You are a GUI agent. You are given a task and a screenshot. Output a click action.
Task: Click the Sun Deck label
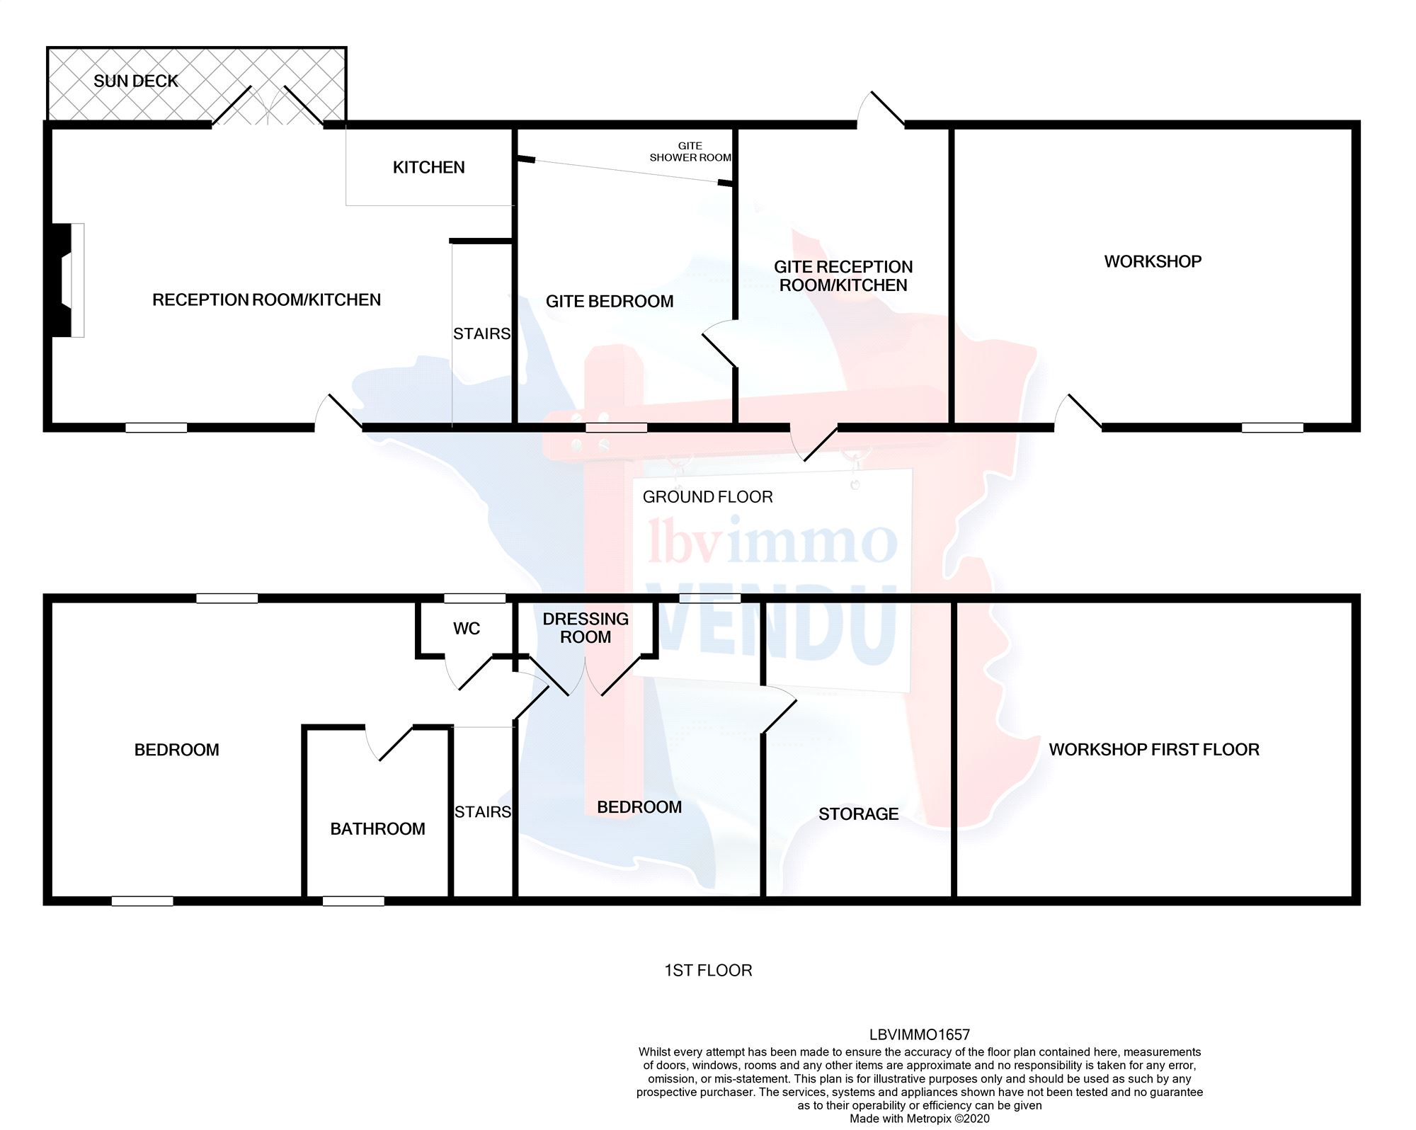click(x=136, y=81)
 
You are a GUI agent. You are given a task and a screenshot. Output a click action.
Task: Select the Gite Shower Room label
click(x=690, y=152)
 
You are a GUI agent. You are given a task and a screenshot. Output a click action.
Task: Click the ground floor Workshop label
click(x=1153, y=262)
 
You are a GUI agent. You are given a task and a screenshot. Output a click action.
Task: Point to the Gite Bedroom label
click(x=610, y=302)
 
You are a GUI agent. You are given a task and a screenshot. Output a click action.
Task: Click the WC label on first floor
click(x=467, y=629)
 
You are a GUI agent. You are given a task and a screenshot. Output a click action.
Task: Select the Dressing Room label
click(x=586, y=628)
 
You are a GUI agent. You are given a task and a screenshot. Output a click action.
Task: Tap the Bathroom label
click(x=377, y=829)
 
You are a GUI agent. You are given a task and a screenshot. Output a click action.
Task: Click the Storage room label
click(x=858, y=814)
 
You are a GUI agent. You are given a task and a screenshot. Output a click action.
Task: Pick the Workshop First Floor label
click(x=1154, y=750)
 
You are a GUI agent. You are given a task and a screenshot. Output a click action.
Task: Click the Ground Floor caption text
click(x=707, y=497)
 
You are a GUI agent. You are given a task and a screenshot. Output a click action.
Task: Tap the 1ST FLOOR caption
click(x=708, y=971)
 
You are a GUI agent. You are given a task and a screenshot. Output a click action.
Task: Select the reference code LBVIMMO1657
click(x=919, y=1035)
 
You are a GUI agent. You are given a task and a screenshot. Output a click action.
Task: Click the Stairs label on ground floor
click(x=481, y=333)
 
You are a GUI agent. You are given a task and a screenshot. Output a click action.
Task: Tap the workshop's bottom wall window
click(x=1272, y=428)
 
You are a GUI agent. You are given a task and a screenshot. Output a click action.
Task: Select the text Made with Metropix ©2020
click(x=919, y=1119)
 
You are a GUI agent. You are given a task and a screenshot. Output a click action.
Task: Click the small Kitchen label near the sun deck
click(x=428, y=168)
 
